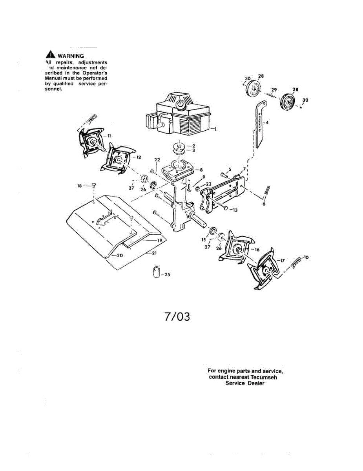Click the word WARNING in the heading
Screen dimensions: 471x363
click(71, 56)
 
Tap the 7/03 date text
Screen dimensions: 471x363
click(177, 316)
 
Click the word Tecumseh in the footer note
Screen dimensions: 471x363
click(266, 377)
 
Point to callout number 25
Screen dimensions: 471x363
click(167, 275)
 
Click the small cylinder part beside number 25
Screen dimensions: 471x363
click(156, 272)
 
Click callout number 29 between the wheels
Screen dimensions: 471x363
click(274, 90)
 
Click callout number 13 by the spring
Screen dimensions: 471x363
click(234, 210)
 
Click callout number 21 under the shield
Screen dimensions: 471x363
click(154, 253)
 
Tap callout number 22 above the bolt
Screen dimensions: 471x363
click(157, 160)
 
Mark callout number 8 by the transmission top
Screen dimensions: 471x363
click(201, 170)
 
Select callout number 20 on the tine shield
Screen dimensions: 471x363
click(119, 255)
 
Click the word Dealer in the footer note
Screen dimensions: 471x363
click(256, 383)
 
